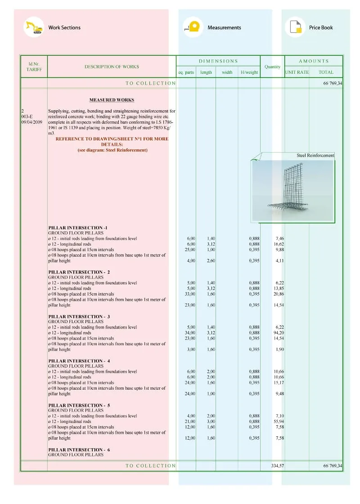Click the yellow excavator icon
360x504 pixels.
pyautogui.click(x=34, y=27)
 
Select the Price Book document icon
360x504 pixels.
pyautogui.click(x=295, y=27)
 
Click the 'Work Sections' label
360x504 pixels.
pyautogui.click(x=64, y=28)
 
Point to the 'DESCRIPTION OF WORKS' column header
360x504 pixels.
pyautogui.click(x=112, y=67)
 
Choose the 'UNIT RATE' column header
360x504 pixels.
pyautogui.click(x=297, y=72)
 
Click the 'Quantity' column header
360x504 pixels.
pyautogui.click(x=272, y=67)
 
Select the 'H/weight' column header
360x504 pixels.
pyautogui.click(x=249, y=72)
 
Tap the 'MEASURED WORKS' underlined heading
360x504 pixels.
pyautogui.click(x=112, y=100)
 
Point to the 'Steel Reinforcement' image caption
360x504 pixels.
pyautogui.click(x=315, y=155)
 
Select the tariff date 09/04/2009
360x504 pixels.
pyautogui.click(x=31, y=122)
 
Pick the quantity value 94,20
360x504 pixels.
pyautogui.click(x=279, y=333)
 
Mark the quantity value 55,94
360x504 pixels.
pyautogui.click(x=279, y=422)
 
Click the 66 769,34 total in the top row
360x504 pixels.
pyautogui.click(x=333, y=83)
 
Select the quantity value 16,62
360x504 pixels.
pyautogui.click(x=279, y=244)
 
